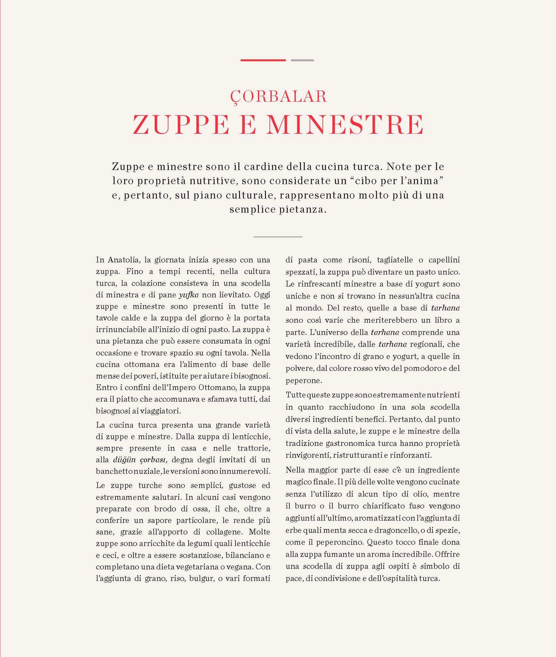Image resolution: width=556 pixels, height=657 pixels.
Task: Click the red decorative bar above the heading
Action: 263,60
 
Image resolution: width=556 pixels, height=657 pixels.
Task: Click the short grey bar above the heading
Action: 302,60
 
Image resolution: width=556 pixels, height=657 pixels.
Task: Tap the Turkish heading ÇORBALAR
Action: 278,97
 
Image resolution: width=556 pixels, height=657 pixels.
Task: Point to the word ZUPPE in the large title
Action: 181,125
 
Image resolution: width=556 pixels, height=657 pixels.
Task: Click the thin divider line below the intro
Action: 278,237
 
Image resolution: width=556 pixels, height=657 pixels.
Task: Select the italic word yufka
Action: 189,295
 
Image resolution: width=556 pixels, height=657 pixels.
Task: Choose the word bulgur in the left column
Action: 201,579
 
